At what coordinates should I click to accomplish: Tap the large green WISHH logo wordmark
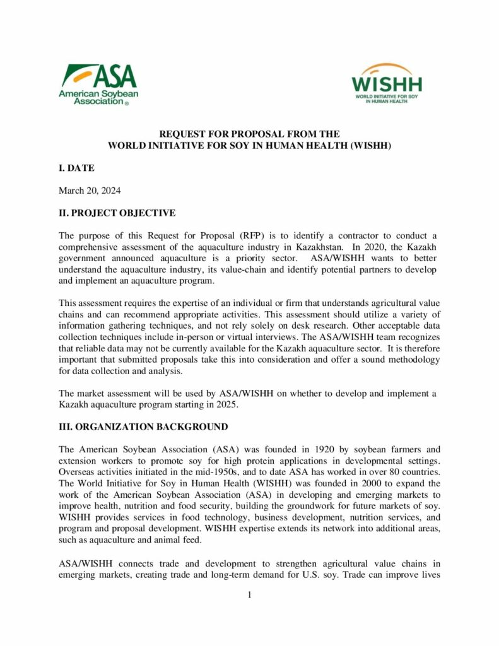387,84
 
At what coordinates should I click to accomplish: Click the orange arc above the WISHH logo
386,68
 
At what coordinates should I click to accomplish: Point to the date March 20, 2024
90,191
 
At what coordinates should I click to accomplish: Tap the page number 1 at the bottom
250,595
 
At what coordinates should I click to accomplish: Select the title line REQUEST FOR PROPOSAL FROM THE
249,134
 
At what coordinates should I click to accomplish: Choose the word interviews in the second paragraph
303,337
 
